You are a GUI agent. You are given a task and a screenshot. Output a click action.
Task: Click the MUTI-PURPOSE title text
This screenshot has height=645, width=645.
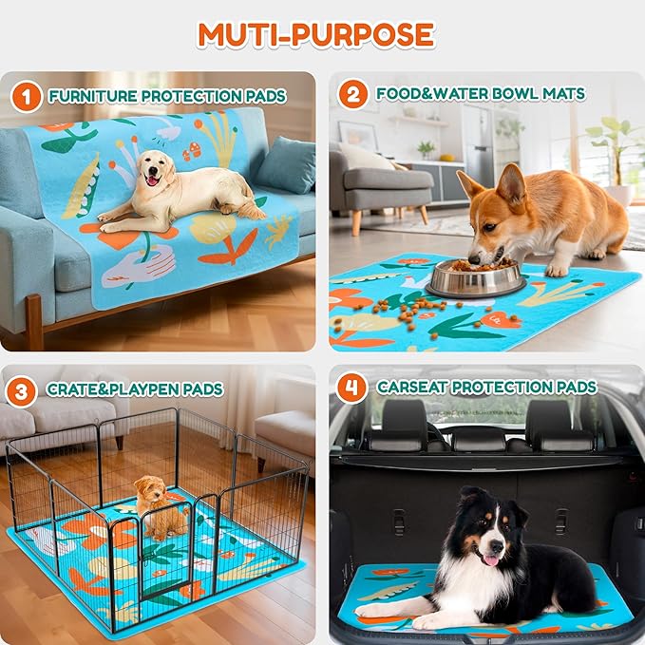315,35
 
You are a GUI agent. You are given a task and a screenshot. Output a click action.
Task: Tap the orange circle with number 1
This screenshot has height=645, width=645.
28,95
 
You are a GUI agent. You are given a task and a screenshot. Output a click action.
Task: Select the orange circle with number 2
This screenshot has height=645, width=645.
352,94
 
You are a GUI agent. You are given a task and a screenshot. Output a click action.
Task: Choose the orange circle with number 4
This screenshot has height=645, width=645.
352,387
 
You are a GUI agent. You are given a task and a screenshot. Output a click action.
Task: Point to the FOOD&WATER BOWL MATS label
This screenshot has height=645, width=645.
481,94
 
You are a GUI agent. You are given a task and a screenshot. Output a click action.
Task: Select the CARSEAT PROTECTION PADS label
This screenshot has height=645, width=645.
486,388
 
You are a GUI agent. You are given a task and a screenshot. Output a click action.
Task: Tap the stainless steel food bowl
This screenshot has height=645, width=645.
475,277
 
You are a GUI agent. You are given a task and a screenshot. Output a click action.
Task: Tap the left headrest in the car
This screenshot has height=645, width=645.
403,423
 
